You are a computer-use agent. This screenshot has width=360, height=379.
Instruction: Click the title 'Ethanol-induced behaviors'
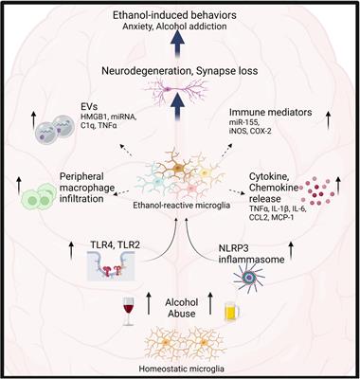point(180,16)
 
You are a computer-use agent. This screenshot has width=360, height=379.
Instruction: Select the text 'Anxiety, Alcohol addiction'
point(180,29)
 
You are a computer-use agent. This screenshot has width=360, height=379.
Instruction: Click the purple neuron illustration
point(180,94)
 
